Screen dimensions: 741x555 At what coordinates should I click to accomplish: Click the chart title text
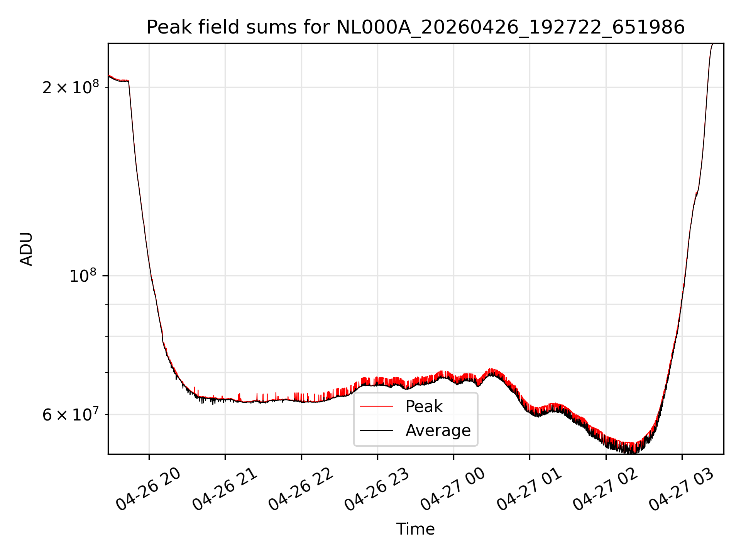tap(416, 27)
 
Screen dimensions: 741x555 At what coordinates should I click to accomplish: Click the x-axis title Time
tap(416, 529)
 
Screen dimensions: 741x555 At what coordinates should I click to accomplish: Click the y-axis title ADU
tap(26, 249)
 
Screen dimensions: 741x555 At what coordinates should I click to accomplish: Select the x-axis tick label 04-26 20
tap(149, 489)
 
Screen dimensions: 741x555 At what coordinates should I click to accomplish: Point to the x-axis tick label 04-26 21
tap(225, 489)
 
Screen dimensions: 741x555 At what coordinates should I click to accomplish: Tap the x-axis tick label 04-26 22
tap(301, 489)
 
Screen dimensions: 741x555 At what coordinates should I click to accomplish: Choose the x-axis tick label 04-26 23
tap(377, 489)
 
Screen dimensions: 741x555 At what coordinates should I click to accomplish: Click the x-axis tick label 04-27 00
tap(453, 489)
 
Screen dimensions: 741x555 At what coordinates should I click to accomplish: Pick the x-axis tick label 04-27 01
tap(529, 489)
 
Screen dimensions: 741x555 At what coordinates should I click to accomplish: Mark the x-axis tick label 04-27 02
tap(605, 489)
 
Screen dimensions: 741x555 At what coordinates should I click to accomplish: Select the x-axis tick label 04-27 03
tap(681, 489)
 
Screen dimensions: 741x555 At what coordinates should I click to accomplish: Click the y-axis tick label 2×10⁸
tap(70, 87)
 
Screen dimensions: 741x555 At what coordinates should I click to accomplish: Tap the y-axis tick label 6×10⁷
tap(70, 414)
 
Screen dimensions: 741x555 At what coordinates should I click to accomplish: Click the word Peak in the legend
tap(424, 407)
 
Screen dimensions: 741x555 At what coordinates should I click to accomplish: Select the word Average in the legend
tap(438, 431)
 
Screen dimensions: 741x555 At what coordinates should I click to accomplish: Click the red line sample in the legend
tap(376, 406)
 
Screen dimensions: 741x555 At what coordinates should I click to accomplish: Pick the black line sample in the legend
tap(376, 430)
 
